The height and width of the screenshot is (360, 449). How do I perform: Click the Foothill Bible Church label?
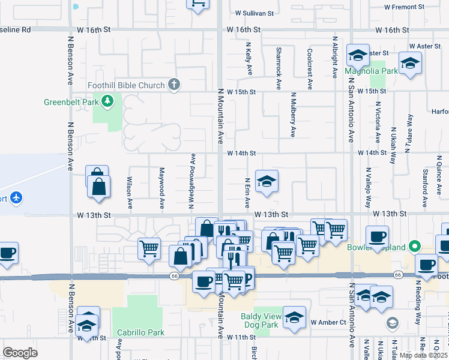[x=126, y=85]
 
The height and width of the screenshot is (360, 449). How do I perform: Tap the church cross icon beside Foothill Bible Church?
[x=174, y=85]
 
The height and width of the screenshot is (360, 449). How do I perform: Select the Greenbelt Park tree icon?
[x=108, y=101]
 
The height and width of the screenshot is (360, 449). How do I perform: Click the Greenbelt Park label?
[x=71, y=102]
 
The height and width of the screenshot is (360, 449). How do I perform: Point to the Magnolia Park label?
[x=372, y=71]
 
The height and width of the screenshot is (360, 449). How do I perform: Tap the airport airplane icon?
[x=16, y=197]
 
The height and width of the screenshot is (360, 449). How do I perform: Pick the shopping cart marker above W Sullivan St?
[x=198, y=4]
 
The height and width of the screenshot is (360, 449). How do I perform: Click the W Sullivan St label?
[x=254, y=12]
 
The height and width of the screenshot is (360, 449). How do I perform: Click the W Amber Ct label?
[x=328, y=322]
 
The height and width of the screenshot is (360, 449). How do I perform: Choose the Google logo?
[x=20, y=352]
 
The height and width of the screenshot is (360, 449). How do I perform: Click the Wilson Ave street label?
[x=130, y=192]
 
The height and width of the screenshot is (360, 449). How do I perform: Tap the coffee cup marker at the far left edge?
[x=7, y=252]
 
